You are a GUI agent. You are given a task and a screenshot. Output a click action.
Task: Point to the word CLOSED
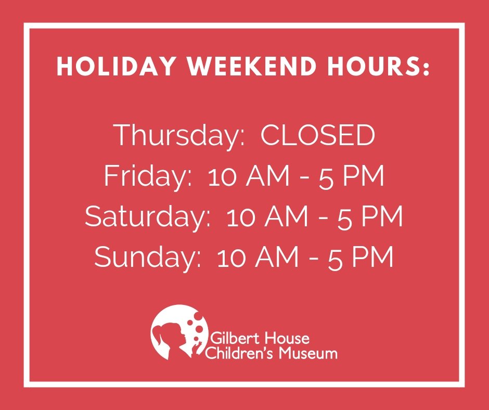(318, 136)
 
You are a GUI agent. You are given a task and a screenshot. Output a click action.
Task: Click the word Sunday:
(148, 258)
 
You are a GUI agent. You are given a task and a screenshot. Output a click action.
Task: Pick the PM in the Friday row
(365, 177)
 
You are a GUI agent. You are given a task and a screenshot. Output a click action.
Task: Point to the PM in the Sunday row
(374, 258)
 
